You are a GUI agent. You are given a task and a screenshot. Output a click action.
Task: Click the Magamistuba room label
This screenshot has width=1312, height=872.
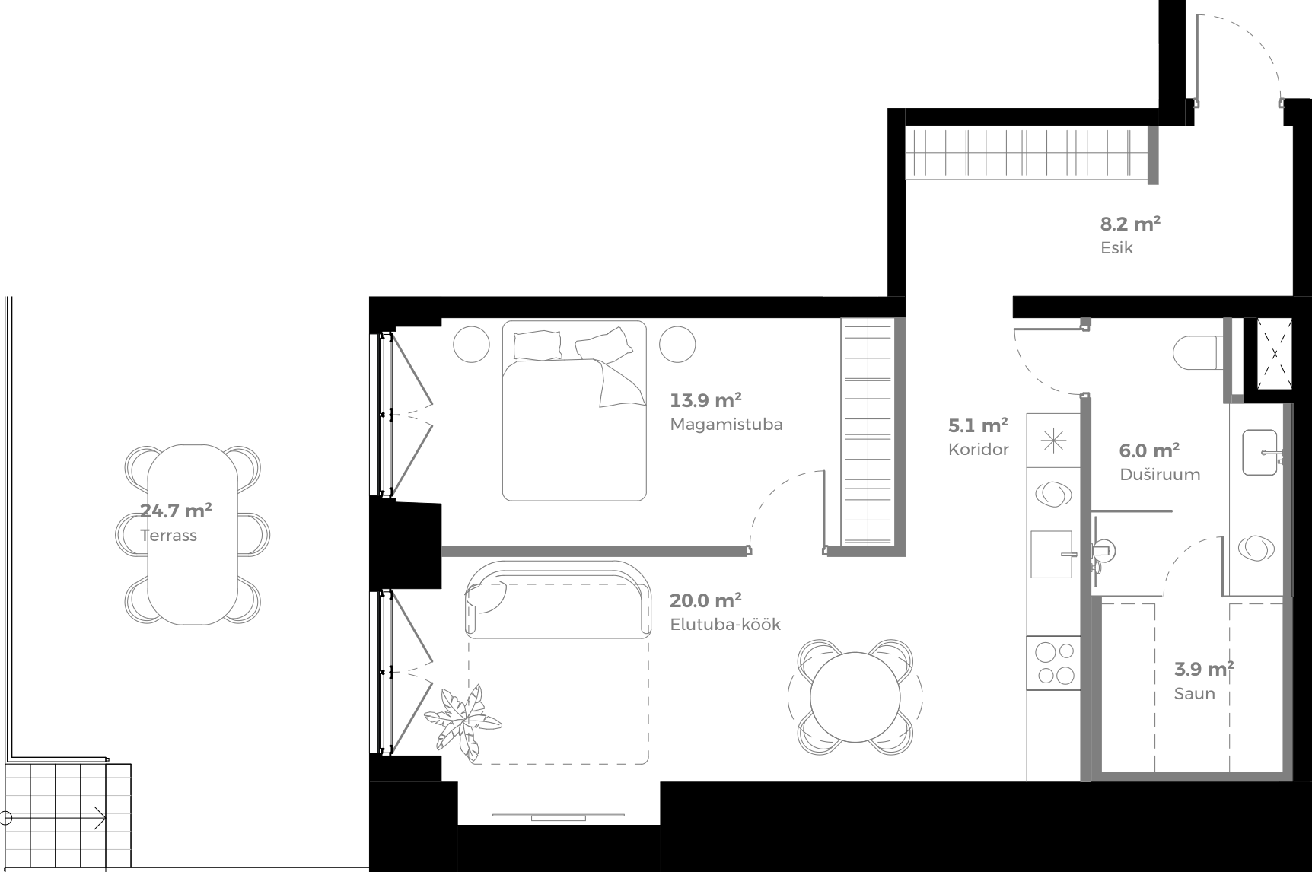(726, 425)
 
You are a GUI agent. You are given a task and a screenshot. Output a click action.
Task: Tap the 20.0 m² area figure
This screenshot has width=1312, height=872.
(705, 601)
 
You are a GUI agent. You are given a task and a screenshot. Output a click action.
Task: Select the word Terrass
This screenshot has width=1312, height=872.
(168, 536)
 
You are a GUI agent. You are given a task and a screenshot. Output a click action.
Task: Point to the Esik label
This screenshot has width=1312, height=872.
(1116, 248)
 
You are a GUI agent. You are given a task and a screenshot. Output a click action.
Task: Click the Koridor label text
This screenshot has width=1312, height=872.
(978, 450)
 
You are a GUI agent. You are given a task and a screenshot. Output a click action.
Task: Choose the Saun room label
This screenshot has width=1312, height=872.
(1194, 694)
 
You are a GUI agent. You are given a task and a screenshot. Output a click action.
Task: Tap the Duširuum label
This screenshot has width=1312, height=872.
(1159, 475)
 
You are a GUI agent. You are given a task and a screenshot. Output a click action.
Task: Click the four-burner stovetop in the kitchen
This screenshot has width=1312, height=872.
(1053, 663)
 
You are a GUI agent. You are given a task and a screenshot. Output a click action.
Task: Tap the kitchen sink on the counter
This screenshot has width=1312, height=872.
(1052, 554)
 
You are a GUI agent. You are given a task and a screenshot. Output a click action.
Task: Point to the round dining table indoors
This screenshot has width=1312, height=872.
(855, 697)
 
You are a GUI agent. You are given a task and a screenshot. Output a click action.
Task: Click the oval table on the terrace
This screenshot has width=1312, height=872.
(193, 534)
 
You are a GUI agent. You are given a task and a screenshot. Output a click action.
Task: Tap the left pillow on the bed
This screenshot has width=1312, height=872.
(539, 344)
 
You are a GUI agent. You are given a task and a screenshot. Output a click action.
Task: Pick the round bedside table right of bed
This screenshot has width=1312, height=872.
(677, 344)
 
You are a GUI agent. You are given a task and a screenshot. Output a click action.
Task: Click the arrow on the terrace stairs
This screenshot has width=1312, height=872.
(98, 818)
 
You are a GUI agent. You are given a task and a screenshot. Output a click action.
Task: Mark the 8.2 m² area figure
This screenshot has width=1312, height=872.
(1130, 224)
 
